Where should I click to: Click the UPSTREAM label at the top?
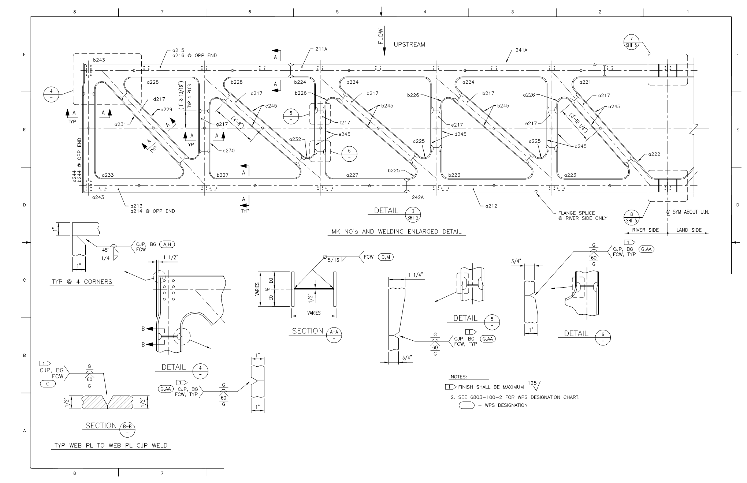pos(409,45)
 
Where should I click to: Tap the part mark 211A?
pos(321,49)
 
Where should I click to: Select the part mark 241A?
pos(521,50)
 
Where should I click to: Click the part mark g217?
pos(222,124)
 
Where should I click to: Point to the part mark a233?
pos(108,175)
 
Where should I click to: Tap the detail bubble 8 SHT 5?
pos(631,217)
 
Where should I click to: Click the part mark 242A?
pos(417,197)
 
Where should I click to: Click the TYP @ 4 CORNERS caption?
pos(81,282)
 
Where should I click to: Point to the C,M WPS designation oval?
pos(385,257)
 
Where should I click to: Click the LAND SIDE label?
pos(688,230)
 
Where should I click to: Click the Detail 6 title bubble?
pos(603,337)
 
